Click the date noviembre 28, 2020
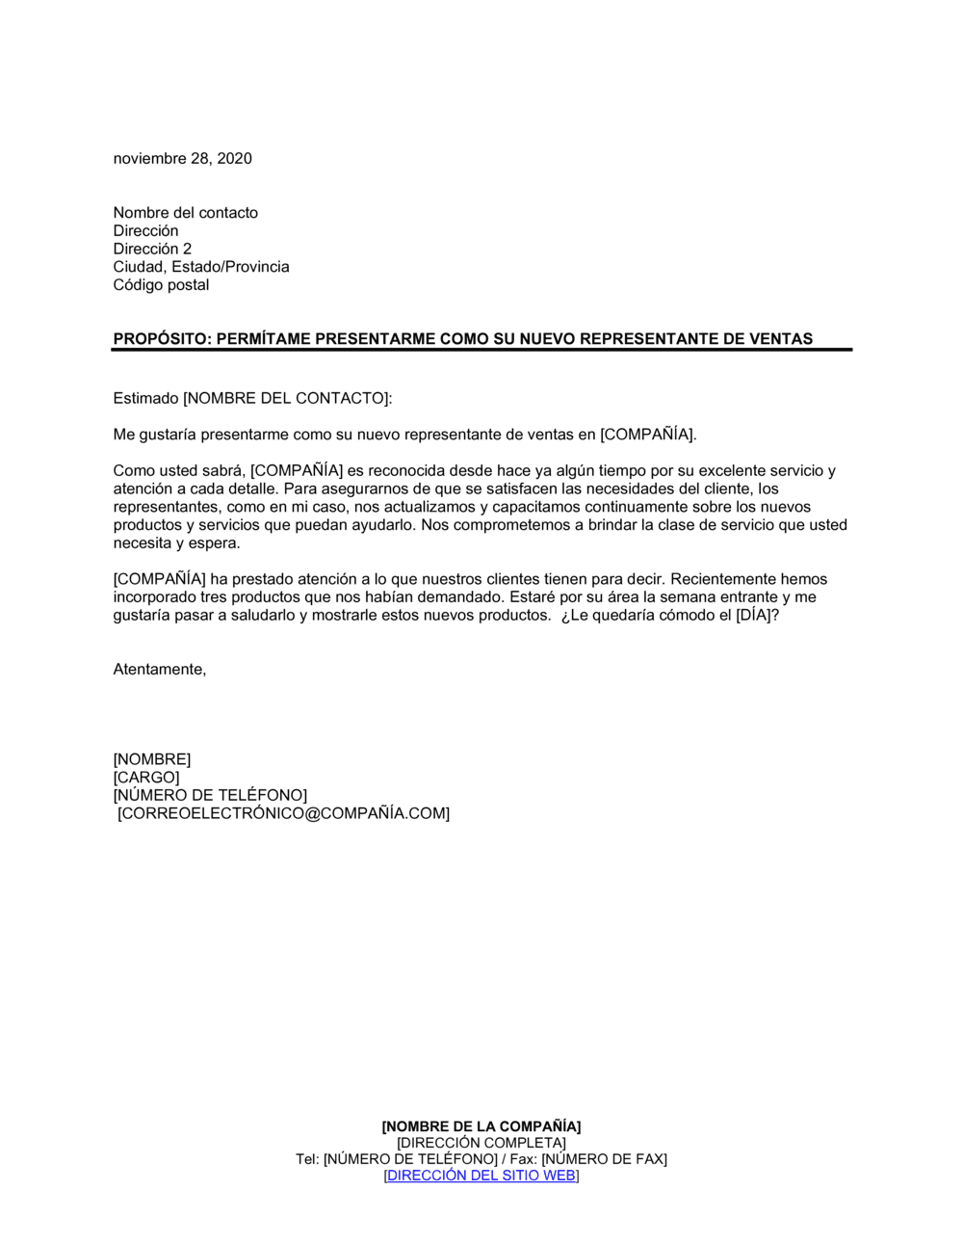[182, 159]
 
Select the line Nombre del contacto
[185, 213]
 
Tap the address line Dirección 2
[152, 249]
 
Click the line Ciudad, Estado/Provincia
[200, 267]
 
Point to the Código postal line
[161, 285]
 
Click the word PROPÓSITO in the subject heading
[161, 339]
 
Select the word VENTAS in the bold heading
[781, 339]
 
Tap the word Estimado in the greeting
[145, 398]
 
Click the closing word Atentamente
[159, 670]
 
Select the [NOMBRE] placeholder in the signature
[151, 760]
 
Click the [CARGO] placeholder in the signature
[146, 778]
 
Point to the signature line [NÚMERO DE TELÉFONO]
[210, 796]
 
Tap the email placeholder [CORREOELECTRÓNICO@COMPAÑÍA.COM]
[283, 814]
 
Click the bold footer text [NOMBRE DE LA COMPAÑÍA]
[481, 1126]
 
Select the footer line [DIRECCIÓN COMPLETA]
[481, 1143]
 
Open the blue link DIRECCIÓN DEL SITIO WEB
[481, 1176]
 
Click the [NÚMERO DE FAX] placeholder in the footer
[604, 1159]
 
